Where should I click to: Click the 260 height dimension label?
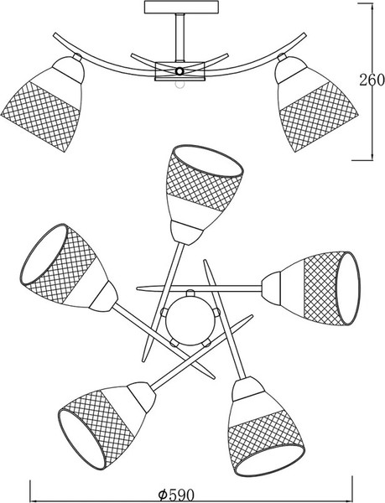point(372,80)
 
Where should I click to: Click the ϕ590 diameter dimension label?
point(176,495)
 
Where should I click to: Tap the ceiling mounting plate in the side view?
point(181,8)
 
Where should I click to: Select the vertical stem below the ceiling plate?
point(180,37)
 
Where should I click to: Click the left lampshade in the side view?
point(42,103)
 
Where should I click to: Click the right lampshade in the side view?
point(317,103)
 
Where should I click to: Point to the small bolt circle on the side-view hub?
point(179,71)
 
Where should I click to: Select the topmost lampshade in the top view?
point(203,192)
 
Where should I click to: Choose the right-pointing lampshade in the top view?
point(310,288)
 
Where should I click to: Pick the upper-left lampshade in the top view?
point(67,267)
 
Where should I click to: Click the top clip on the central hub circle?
point(190,293)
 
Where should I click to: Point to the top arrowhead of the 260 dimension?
point(372,7)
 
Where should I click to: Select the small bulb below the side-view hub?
point(179,84)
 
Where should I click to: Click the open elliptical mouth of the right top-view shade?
point(348,288)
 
